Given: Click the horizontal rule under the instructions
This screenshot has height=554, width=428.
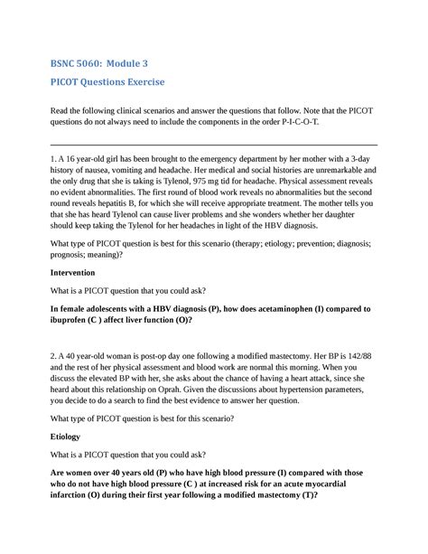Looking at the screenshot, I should (214, 145).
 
